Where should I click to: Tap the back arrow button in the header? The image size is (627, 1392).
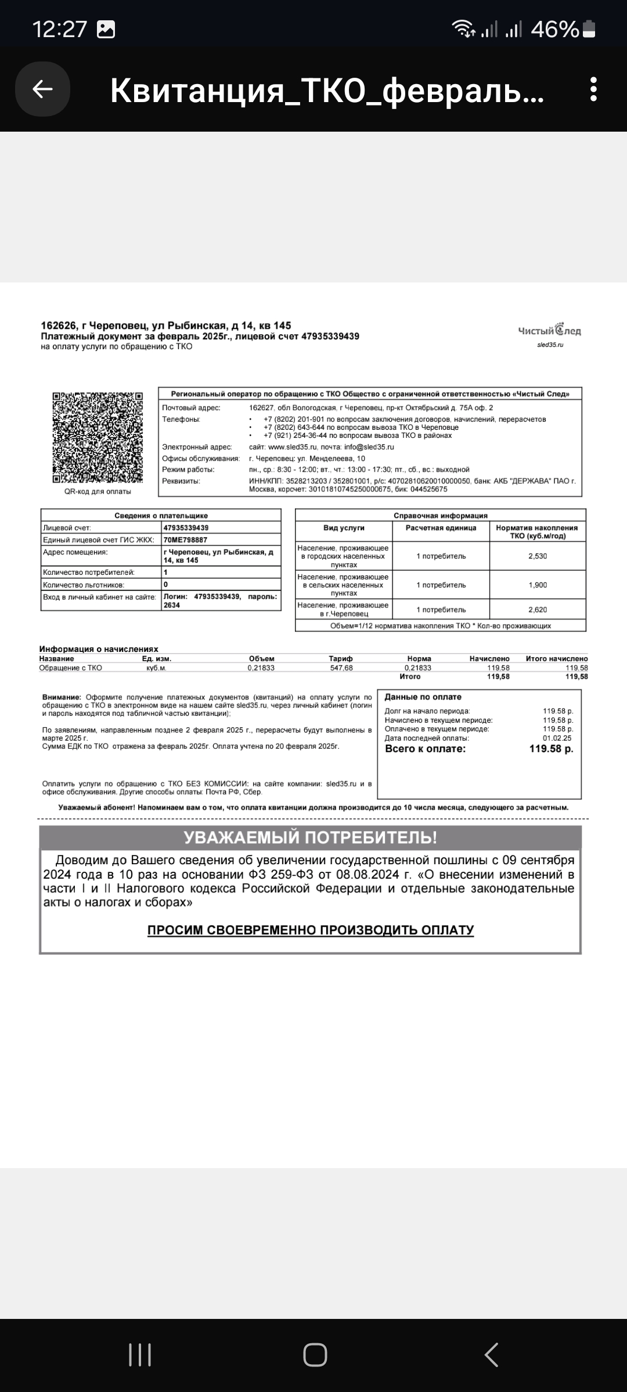(42, 89)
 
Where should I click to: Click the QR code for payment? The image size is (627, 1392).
(98, 438)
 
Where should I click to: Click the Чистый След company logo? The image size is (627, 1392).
(549, 331)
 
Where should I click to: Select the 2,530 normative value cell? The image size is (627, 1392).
(538, 556)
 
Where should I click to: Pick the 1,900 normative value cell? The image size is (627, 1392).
(538, 585)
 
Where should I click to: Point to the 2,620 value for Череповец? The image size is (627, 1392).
(538, 610)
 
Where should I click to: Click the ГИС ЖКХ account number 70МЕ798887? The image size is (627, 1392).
(185, 540)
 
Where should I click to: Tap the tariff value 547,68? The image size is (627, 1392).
(341, 668)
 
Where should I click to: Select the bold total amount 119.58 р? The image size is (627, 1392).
(551, 749)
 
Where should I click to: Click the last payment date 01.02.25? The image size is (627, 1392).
(557, 738)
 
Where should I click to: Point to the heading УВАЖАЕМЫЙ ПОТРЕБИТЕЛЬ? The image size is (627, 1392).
(310, 838)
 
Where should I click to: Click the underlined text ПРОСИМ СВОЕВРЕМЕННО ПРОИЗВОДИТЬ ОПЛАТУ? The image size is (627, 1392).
(311, 930)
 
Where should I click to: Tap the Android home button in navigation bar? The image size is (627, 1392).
(315, 1355)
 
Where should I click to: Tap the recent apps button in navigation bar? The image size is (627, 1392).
(140, 1355)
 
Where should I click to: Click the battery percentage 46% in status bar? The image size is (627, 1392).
(554, 29)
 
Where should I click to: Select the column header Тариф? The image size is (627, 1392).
(341, 659)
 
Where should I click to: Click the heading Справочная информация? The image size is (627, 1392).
(440, 516)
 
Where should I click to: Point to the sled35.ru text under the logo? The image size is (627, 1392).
(550, 345)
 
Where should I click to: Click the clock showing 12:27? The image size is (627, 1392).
(60, 29)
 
